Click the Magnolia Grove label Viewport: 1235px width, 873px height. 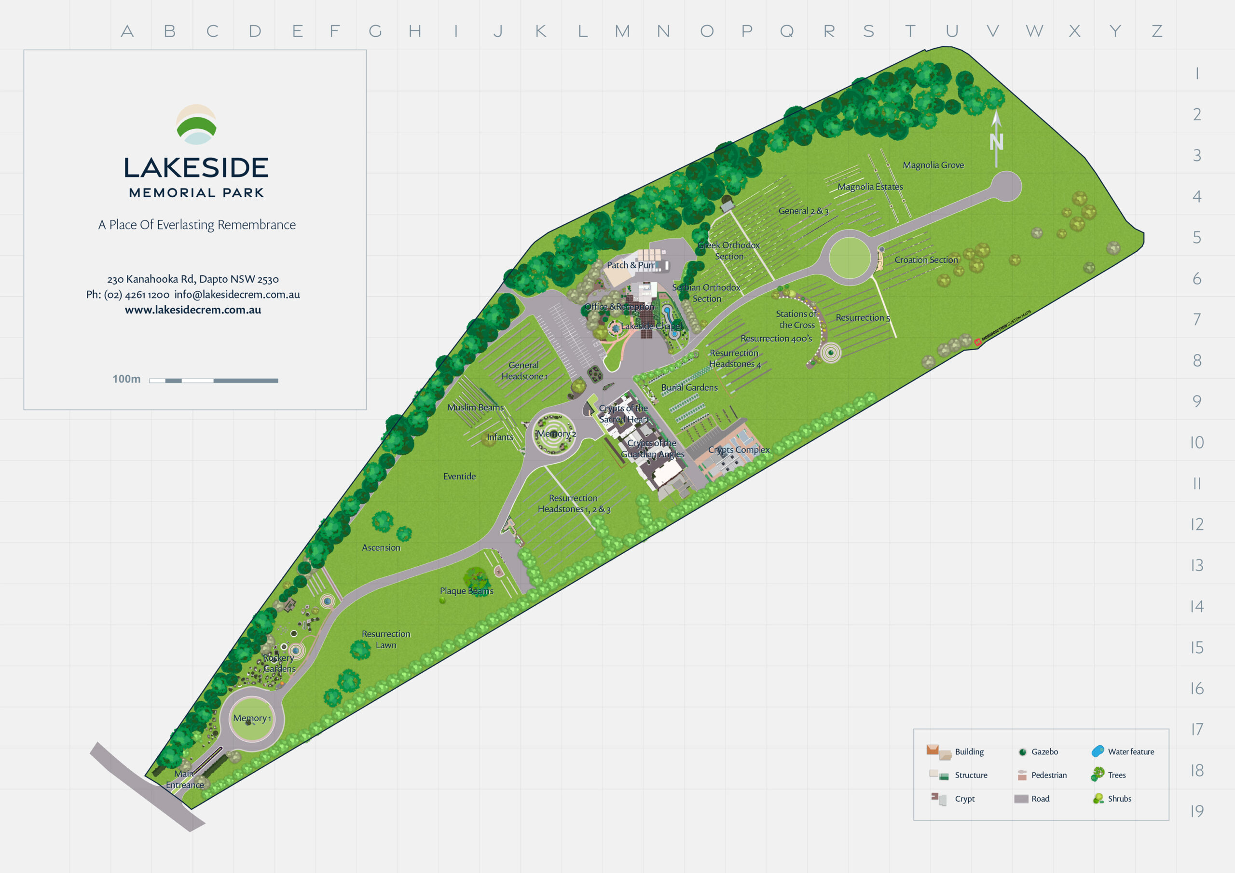click(933, 165)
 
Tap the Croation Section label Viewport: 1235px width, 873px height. click(926, 260)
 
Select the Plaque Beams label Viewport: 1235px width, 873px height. click(467, 591)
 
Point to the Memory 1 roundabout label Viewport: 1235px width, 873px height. click(252, 718)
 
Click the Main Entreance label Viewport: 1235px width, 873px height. click(184, 779)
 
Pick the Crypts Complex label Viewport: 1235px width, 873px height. click(739, 450)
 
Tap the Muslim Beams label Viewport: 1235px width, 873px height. click(476, 407)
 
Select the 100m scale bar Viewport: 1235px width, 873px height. click(213, 380)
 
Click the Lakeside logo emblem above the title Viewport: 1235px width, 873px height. click(196, 125)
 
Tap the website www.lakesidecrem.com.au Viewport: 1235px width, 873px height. click(192, 310)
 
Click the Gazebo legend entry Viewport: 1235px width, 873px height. click(1038, 751)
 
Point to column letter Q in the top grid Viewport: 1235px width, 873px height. click(786, 31)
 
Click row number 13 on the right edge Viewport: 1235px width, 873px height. click(1196, 565)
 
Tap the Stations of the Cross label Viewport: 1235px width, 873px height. click(796, 319)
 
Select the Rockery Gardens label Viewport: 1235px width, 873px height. click(279, 663)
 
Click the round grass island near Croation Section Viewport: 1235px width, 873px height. click(850, 258)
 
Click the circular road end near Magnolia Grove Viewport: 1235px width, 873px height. click(1005, 186)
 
